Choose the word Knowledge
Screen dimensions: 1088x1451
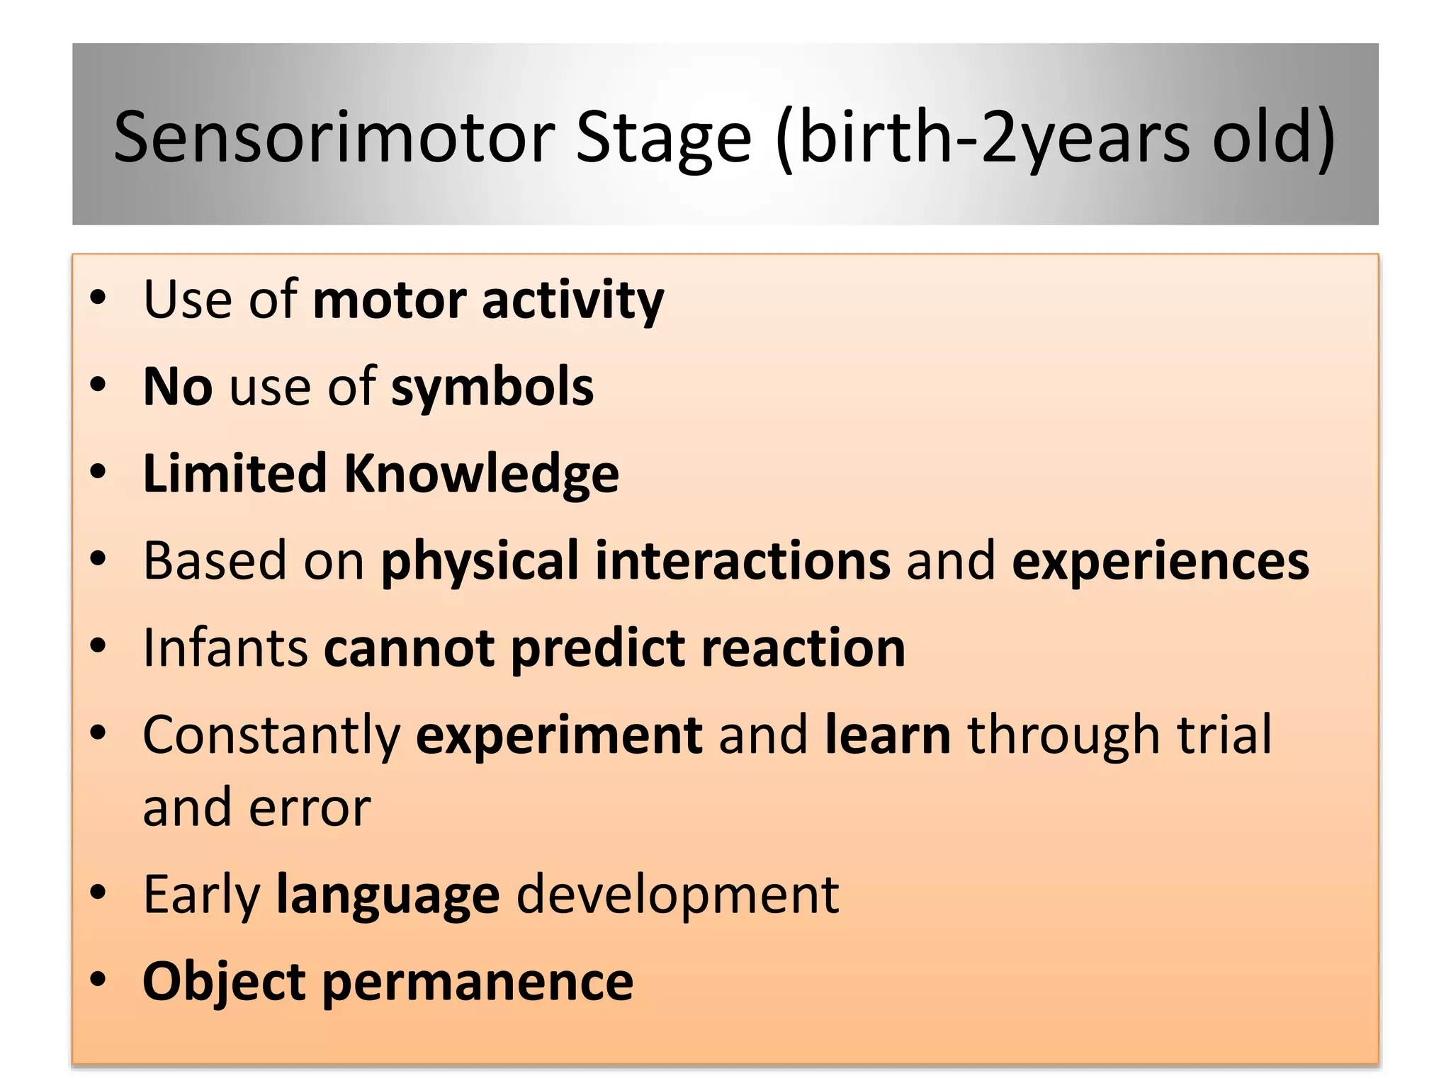[x=481, y=474]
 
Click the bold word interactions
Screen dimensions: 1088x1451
[x=742, y=561]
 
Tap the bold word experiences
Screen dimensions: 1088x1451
[x=1160, y=561]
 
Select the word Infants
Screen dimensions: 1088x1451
[x=225, y=648]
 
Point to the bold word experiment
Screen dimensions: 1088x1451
[x=558, y=735]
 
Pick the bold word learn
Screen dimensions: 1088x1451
[x=888, y=735]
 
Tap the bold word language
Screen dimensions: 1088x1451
[x=388, y=895]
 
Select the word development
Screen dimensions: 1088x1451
[x=677, y=895]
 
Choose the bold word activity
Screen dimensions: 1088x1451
[x=572, y=300]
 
